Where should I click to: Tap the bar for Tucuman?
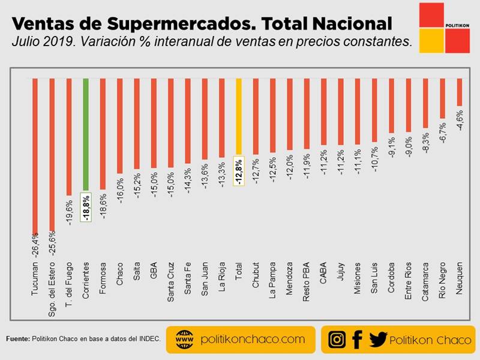(35, 156)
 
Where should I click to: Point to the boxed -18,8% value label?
(86, 208)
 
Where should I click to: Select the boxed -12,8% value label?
(239, 172)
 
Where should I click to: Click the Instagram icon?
(337, 340)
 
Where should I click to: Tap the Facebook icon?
(357, 340)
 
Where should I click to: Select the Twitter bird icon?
(378, 340)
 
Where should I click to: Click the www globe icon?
(184, 340)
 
